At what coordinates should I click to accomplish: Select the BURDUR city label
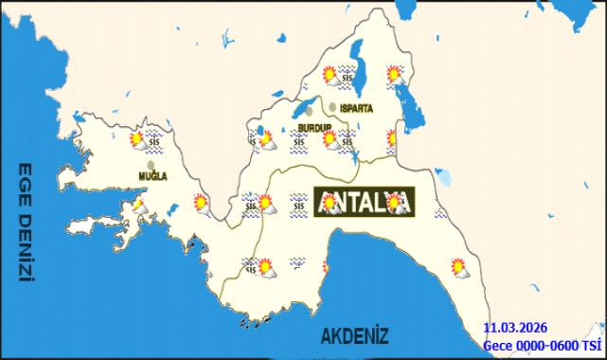click(314, 127)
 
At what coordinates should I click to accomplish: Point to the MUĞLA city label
click(152, 177)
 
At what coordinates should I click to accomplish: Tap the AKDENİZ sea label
click(354, 335)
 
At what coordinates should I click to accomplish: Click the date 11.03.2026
click(514, 327)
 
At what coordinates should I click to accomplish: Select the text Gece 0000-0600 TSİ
click(543, 345)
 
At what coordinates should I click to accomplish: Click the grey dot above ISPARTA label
click(333, 106)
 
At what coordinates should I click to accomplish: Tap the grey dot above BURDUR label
click(308, 112)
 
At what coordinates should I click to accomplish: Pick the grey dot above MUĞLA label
click(151, 165)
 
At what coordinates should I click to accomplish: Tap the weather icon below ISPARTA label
click(330, 139)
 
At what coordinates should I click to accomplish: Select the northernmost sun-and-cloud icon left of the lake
click(330, 75)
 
